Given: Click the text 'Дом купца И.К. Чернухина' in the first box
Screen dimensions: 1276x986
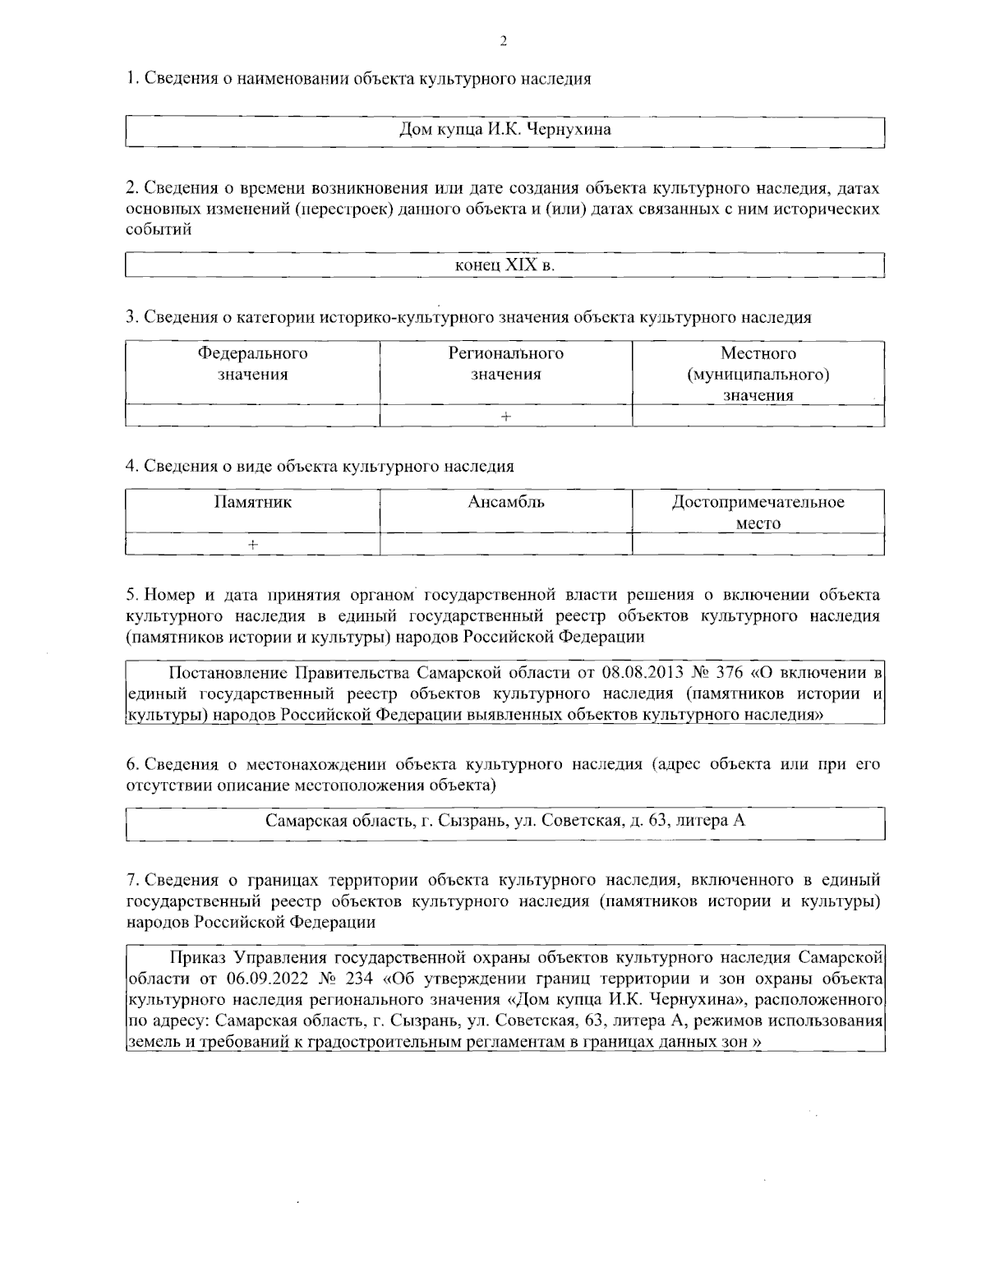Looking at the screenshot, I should tap(505, 130).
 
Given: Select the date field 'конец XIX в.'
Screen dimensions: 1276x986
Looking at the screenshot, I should tap(505, 265).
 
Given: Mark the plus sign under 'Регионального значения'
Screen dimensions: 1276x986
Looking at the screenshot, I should tap(505, 417).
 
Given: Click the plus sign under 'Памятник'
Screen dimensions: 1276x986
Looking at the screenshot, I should tap(252, 544).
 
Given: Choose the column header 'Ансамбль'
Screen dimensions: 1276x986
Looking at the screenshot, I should tap(505, 502).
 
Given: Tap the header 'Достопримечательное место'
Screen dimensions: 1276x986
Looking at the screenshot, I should tap(758, 512).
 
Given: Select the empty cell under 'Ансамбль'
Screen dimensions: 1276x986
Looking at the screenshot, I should tap(505, 544).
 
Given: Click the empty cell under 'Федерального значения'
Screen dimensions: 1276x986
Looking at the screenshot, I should tap(252, 417).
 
